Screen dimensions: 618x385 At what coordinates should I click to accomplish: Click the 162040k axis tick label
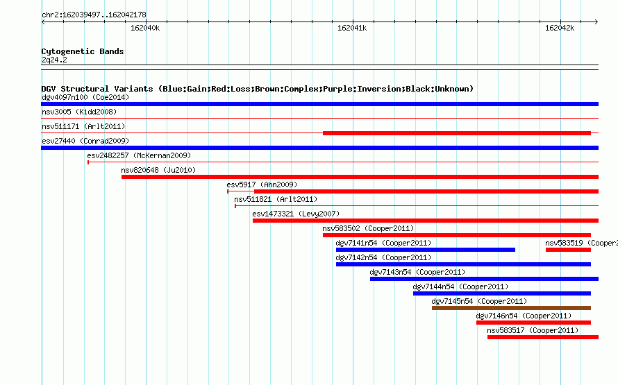(145, 28)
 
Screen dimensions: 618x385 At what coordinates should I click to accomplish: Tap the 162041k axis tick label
(352, 28)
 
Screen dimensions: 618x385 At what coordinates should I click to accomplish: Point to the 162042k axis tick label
(560, 28)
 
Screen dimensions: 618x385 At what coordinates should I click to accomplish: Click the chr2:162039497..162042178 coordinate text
(94, 15)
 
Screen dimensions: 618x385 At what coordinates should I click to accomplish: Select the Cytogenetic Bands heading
(83, 51)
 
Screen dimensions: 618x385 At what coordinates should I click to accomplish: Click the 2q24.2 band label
(54, 60)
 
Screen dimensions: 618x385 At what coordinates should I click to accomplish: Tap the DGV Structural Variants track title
(257, 89)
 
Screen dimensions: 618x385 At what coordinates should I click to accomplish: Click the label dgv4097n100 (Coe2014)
(85, 97)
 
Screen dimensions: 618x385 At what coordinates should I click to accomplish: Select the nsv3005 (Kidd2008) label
(79, 112)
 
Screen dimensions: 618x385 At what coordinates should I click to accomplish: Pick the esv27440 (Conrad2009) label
(85, 141)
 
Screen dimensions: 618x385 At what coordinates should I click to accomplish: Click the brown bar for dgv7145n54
(511, 308)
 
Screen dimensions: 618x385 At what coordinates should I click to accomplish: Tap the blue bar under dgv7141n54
(425, 250)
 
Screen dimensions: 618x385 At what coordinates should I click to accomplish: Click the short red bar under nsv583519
(568, 250)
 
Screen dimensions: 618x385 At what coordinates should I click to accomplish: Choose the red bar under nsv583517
(543, 337)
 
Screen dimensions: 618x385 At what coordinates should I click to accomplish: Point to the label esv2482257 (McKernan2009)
(139, 155)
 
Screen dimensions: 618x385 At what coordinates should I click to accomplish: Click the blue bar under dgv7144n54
(502, 293)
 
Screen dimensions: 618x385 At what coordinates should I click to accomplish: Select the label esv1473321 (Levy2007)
(296, 214)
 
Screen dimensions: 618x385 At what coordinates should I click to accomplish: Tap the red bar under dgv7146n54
(533, 323)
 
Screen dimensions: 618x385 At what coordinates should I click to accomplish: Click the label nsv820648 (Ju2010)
(158, 170)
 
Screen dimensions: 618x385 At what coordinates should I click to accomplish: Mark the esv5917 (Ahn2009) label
(262, 185)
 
